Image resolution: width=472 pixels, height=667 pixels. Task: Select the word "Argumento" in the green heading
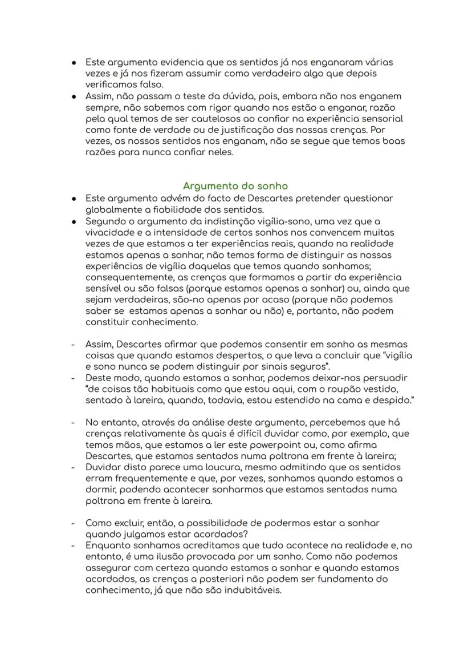[209, 186]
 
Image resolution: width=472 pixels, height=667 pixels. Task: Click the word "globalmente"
[112, 209]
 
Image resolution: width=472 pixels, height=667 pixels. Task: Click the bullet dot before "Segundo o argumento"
[74, 221]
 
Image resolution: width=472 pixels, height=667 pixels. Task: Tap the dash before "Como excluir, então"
[73, 523]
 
